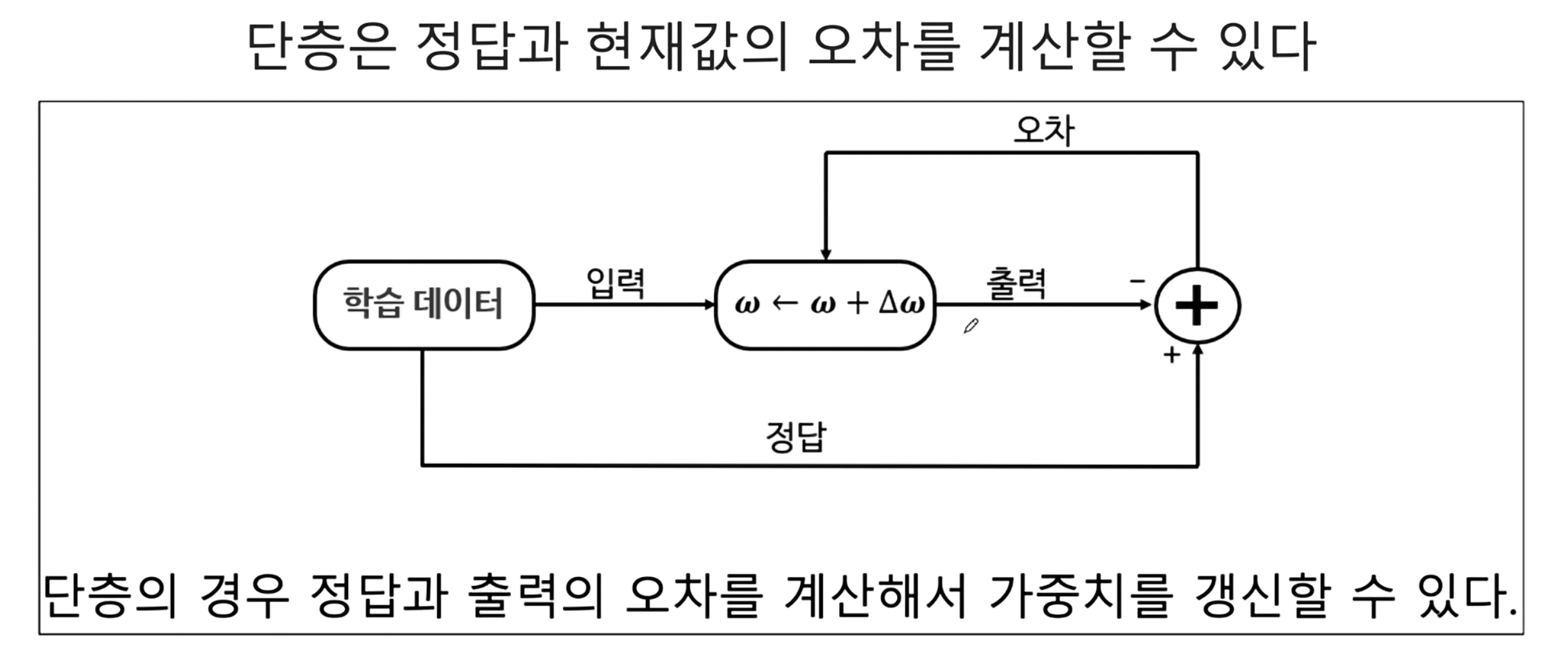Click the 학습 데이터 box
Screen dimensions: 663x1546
[424, 305]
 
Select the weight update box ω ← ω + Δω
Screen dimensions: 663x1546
[825, 305]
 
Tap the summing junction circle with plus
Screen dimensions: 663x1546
[1197, 306]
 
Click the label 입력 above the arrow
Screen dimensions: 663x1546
[615, 283]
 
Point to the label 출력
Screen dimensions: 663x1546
[1016, 283]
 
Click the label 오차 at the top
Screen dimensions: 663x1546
[1043, 130]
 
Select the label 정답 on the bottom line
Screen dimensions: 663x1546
[795, 437]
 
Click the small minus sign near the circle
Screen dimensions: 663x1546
[1137, 281]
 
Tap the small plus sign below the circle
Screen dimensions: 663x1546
[1172, 355]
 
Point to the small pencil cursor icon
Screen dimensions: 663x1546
[971, 326]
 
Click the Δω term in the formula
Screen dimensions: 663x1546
[901, 303]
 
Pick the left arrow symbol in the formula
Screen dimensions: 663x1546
[784, 303]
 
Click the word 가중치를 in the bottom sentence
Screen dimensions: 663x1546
[1081, 596]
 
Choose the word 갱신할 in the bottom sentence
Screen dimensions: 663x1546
[1261, 596]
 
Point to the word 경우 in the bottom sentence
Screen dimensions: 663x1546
[245, 596]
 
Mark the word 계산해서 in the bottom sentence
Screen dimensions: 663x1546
[876, 596]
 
